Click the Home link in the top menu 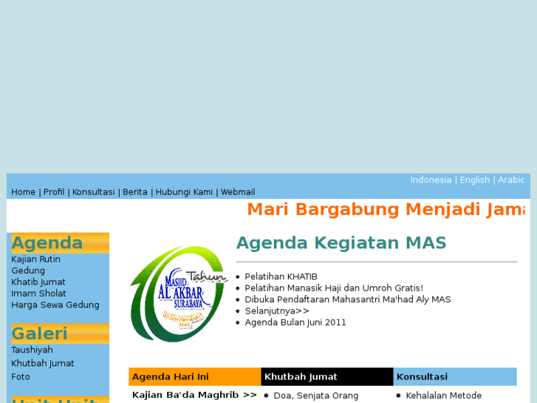23,192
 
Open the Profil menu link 54,192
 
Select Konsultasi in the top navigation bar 93,192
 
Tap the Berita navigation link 135,192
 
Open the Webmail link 238,192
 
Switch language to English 474,180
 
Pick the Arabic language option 511,180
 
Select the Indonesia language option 431,180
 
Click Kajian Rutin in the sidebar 35,260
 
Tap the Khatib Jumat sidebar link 38,282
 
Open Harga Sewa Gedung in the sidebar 55,305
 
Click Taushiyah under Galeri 32,350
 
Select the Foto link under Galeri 21,377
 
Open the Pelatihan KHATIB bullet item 281,277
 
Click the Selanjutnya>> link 277,311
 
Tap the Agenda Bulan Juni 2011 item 295,322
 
